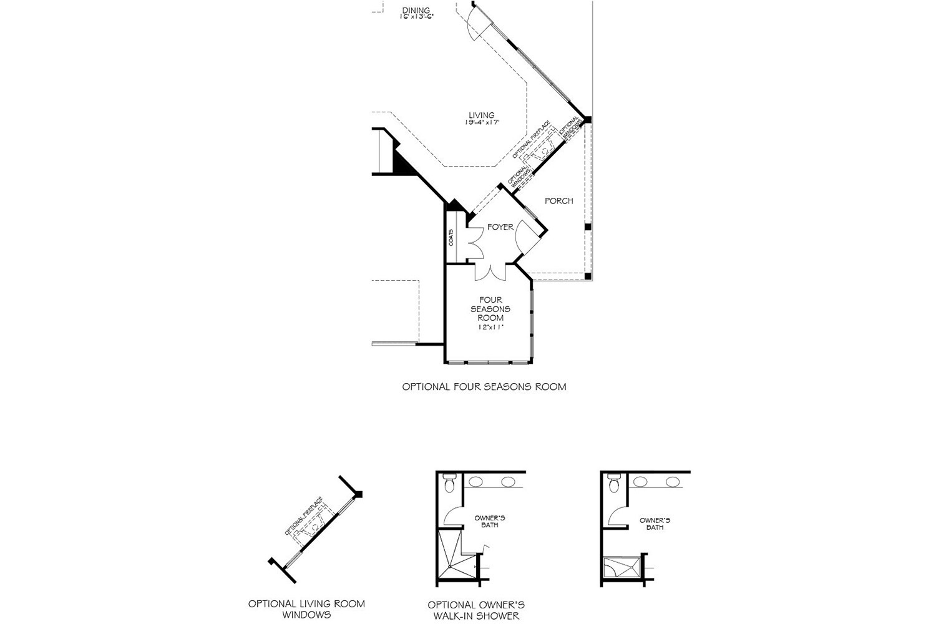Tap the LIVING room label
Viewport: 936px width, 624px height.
482,115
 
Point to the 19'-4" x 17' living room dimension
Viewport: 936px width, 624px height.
482,123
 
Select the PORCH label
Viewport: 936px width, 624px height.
558,201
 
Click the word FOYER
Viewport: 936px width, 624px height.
500,227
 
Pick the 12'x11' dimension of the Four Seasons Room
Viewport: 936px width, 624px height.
490,326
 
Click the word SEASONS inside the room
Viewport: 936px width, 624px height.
490,309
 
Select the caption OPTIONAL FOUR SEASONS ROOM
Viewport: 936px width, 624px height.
484,387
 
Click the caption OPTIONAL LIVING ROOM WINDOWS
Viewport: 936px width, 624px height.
306,609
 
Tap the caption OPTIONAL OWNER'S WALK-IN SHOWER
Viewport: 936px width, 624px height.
476,610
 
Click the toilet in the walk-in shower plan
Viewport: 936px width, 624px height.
449,484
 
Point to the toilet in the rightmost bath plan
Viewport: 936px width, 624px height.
613,484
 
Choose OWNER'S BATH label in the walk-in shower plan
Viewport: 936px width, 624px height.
490,522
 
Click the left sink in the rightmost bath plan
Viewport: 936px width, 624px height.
641,482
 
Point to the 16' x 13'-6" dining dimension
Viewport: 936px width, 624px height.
417,17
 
